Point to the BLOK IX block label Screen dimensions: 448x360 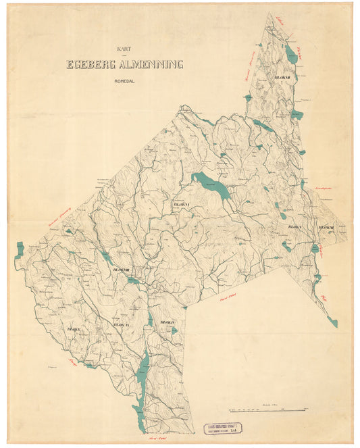tap(122, 325)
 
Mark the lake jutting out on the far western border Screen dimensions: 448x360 tap(19, 250)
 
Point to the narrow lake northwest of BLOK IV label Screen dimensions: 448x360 tap(150, 318)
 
